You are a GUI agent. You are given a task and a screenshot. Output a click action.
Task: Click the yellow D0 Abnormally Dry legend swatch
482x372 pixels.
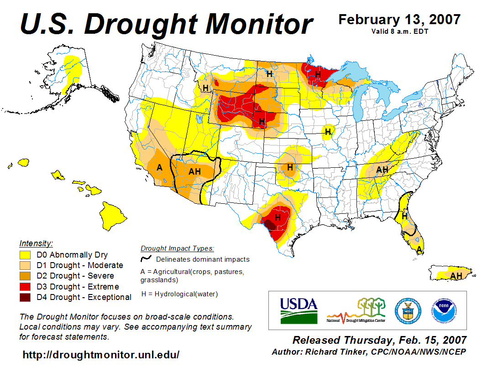[25, 255]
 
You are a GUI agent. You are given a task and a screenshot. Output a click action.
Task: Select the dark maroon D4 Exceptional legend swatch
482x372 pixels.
[25, 297]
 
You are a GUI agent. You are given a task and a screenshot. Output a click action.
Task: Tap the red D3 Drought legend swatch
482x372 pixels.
[25, 287]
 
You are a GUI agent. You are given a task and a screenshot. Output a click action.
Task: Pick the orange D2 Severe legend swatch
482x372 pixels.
[25, 276]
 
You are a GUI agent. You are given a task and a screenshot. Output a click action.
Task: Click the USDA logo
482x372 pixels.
[299, 310]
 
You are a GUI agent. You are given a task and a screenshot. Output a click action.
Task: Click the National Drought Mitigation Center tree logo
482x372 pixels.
[356, 310]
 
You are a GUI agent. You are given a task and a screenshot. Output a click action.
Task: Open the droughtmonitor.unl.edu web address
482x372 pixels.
[101, 354]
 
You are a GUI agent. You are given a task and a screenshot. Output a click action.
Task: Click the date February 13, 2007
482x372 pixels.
[399, 20]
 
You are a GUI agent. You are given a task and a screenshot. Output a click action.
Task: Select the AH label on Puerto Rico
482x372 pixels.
[456, 276]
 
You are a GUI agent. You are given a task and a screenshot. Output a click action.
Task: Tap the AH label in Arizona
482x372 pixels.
[194, 171]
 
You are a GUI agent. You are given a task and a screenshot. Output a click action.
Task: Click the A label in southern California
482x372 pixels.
[159, 167]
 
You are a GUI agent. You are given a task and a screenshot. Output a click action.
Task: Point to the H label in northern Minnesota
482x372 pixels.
[318, 73]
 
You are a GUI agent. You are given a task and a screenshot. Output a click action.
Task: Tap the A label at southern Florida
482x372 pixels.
[419, 249]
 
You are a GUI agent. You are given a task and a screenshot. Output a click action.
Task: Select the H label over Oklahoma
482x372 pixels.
[289, 167]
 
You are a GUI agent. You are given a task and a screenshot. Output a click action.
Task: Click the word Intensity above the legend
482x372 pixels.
[36, 243]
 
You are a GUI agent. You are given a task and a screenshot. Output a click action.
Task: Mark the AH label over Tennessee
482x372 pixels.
[382, 170]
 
